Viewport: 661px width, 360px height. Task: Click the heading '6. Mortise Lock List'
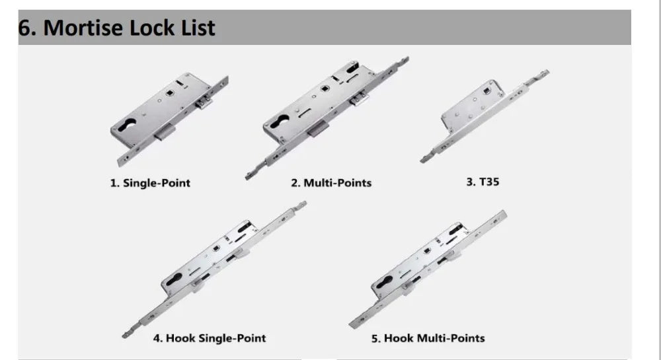coord(117,28)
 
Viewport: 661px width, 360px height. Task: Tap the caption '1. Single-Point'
coord(150,183)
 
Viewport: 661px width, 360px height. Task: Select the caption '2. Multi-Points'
coord(331,182)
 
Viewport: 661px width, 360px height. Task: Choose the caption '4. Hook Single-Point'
coord(209,338)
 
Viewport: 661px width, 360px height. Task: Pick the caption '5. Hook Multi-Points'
coord(428,338)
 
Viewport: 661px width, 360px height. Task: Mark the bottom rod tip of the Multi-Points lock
coord(249,174)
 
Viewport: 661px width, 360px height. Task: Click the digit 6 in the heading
coord(25,28)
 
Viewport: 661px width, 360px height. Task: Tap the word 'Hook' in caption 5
coord(399,338)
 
